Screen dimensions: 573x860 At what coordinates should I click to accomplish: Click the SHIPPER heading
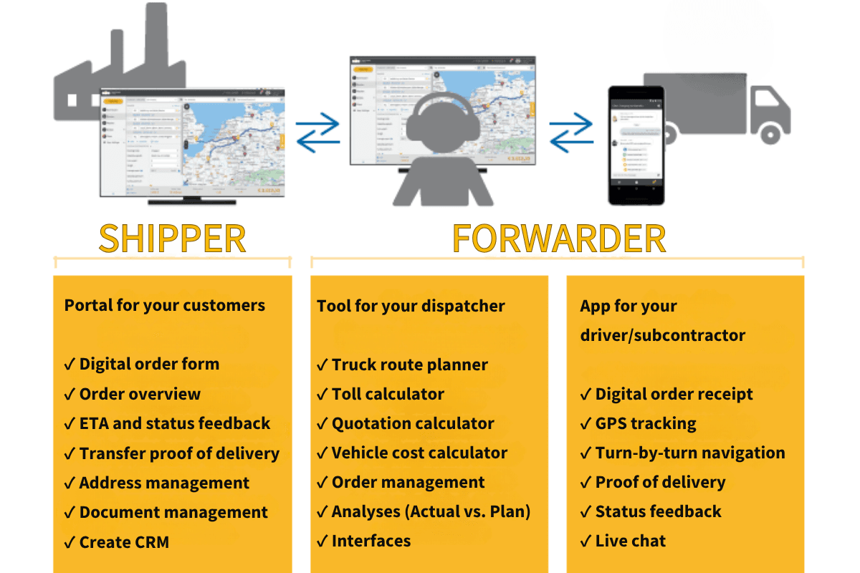tap(172, 239)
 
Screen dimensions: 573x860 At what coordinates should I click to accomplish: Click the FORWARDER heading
tap(559, 239)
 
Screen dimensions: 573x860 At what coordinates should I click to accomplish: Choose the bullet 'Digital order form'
tap(149, 364)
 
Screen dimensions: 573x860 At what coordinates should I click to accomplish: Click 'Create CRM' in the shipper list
tap(124, 542)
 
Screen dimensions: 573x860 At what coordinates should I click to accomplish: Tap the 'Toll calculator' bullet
tap(388, 394)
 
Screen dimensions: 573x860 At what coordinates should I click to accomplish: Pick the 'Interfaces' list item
tap(371, 541)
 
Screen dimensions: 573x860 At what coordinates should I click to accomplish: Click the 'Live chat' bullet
tap(631, 541)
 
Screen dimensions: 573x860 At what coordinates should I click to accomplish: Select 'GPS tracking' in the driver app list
tap(646, 423)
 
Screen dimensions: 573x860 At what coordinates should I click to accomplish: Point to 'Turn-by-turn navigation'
tap(690, 453)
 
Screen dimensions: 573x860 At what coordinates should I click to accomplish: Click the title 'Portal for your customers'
tap(165, 305)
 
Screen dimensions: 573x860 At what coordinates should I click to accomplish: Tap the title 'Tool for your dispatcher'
tap(411, 306)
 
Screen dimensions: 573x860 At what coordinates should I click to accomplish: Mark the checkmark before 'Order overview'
tap(70, 395)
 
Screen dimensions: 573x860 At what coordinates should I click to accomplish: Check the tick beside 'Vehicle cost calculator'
tap(322, 453)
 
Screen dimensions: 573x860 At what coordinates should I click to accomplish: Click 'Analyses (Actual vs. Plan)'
tap(430, 511)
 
